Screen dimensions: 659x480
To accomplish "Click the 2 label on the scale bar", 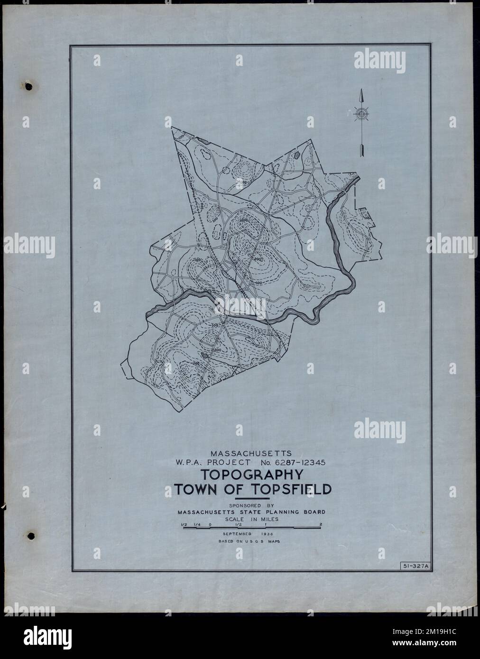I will point(321,524).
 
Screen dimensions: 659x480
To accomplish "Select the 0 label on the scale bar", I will point(210,524).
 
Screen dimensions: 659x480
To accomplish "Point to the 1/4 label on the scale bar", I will point(196,524).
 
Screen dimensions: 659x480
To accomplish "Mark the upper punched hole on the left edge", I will point(29,86).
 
